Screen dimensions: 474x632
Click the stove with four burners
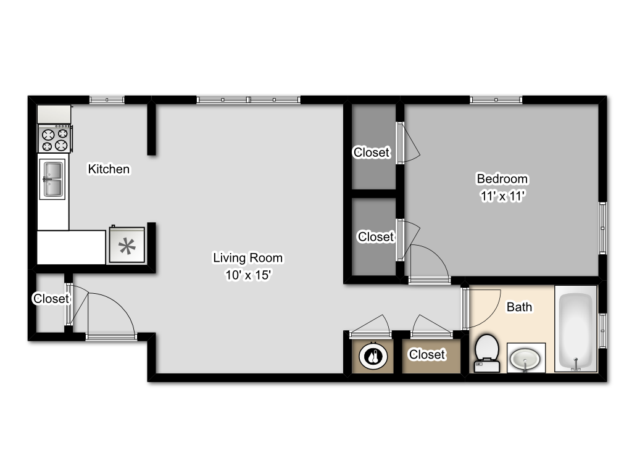pyautogui.click(x=55, y=139)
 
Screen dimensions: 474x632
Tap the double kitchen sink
pyautogui.click(x=52, y=179)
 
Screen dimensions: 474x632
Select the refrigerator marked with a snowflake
pyautogui.click(x=127, y=246)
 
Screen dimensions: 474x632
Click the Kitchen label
pyautogui.click(x=109, y=168)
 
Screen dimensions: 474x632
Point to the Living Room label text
pyautogui.click(x=247, y=257)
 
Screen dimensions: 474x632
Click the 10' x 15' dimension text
pyautogui.click(x=247, y=275)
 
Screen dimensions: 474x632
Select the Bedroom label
pyautogui.click(x=502, y=179)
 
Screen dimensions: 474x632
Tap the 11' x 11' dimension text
pyautogui.click(x=502, y=196)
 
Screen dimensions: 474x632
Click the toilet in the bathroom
pyautogui.click(x=486, y=354)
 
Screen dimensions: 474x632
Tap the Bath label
pyautogui.click(x=519, y=307)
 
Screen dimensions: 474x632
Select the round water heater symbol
pyautogui.click(x=372, y=355)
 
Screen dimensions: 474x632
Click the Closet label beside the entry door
pyautogui.click(x=51, y=299)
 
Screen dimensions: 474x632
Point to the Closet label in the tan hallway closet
pyautogui.click(x=427, y=354)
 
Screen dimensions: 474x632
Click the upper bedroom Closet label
pyautogui.click(x=372, y=152)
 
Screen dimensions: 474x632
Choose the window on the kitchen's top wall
pyautogui.click(x=107, y=99)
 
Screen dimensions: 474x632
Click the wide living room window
pyautogui.click(x=249, y=99)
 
